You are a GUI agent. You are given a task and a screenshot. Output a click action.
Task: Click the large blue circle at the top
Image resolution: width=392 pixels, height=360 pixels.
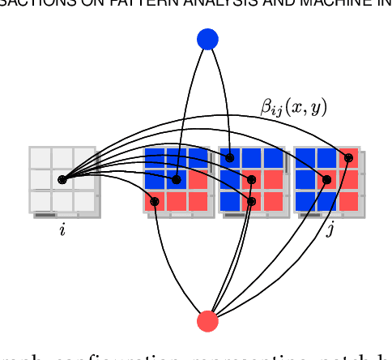click(x=208, y=39)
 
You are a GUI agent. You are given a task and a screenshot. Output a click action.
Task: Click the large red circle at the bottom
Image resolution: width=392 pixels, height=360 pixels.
click(x=208, y=321)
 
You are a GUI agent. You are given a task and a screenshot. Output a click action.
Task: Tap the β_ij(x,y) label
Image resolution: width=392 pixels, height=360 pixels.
click(x=293, y=106)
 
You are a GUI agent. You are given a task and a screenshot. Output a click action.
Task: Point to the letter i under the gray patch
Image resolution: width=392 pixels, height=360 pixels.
click(x=62, y=231)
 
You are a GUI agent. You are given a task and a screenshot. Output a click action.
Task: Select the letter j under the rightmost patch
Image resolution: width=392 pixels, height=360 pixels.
click(x=330, y=231)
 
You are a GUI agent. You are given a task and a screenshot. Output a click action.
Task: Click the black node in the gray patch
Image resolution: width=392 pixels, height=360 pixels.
click(x=62, y=179)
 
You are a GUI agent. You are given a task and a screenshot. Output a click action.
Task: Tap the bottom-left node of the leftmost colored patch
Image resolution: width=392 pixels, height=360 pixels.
click(x=155, y=201)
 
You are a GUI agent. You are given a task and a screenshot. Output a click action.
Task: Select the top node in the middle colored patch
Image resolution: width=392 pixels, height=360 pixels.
click(x=230, y=157)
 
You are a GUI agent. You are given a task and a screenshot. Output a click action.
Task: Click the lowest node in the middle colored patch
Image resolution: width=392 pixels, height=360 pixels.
click(x=251, y=201)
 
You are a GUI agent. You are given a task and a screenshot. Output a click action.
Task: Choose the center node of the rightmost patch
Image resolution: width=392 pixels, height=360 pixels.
click(x=326, y=179)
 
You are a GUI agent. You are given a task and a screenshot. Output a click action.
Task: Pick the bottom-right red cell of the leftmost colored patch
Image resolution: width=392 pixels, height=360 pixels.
click(x=198, y=200)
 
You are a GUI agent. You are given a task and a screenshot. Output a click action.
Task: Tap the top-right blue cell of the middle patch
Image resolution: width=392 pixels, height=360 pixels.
click(x=273, y=157)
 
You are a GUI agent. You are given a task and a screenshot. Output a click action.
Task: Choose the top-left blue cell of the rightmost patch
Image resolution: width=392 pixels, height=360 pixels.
click(x=305, y=157)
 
